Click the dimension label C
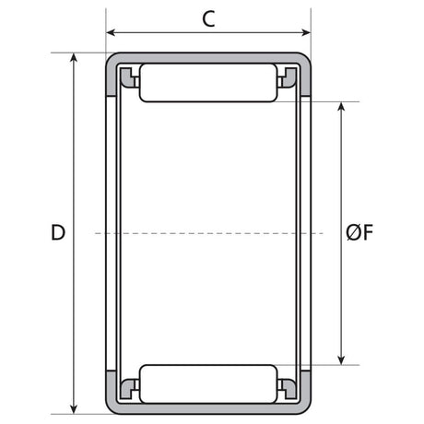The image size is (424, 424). click(x=208, y=19)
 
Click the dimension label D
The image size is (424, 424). click(x=58, y=232)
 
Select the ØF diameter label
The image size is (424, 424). click(x=359, y=232)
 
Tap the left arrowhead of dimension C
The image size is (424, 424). click(x=111, y=32)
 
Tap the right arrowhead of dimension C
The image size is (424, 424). click(x=306, y=32)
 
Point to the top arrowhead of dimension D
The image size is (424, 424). click(x=74, y=57)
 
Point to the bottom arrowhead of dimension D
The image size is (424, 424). click(x=74, y=409)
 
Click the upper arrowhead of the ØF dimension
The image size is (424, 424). click(x=341, y=106)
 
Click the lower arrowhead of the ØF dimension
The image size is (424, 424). click(x=341, y=360)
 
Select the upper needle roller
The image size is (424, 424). click(x=208, y=83)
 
